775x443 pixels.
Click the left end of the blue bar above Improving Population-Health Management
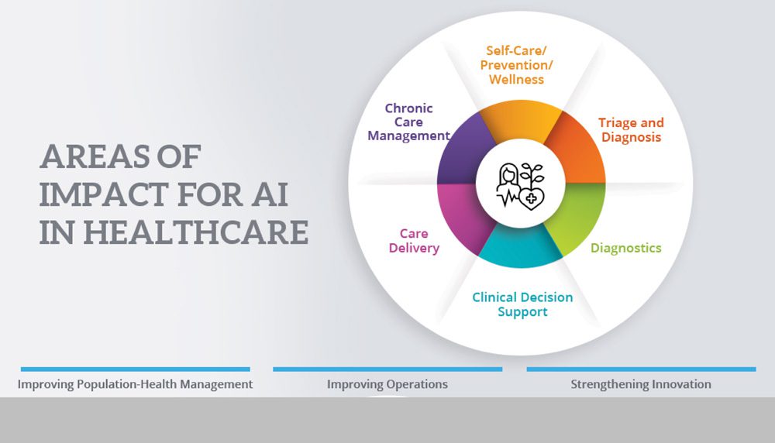click(21, 369)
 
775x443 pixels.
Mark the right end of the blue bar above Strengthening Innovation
click(756, 369)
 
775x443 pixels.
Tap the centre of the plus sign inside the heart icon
click(532, 199)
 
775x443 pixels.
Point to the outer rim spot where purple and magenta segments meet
click(437, 184)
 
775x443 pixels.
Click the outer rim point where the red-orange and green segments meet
click(605, 184)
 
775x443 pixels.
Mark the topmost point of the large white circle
click(521, 11)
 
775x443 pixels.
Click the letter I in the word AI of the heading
click(282, 194)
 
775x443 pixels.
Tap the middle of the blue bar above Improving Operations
click(387, 369)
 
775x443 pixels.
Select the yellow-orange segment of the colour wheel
click(521, 119)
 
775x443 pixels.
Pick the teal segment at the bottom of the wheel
click(521, 248)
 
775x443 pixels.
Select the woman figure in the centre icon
click(508, 186)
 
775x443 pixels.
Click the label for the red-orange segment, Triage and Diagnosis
click(631, 130)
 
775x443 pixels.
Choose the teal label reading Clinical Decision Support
click(522, 304)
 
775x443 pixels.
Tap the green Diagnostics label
click(626, 248)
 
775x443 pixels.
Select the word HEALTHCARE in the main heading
click(196, 232)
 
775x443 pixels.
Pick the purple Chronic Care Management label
click(408, 122)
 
